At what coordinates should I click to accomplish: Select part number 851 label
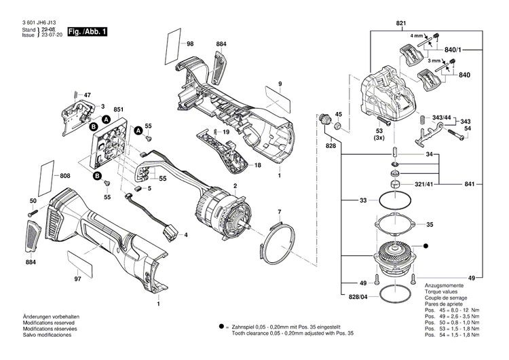tap(118, 109)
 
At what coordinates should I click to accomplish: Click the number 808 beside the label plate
tap(65, 176)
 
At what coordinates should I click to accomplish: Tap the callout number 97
tap(77, 279)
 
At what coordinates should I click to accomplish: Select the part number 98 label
tap(190, 43)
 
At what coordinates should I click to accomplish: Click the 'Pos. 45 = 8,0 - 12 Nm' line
tap(451, 310)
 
